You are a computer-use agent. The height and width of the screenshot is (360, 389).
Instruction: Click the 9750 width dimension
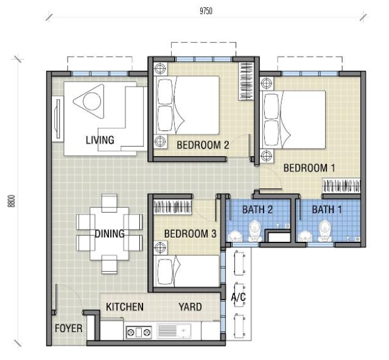(x=206, y=11)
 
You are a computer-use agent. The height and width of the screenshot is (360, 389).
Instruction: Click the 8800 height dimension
(x=12, y=201)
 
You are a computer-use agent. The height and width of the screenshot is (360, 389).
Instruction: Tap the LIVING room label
(x=100, y=140)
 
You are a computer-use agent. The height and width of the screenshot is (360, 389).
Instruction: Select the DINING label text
(x=110, y=234)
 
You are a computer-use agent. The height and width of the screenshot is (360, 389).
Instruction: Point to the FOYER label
(x=68, y=328)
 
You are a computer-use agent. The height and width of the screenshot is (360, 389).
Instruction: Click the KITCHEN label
(x=125, y=307)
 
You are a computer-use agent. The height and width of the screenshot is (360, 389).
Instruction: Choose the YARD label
(x=190, y=307)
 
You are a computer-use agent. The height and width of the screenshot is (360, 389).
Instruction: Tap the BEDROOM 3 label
(x=191, y=234)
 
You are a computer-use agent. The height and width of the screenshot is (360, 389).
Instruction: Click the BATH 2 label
(x=258, y=210)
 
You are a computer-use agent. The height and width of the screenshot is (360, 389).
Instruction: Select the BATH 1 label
(x=327, y=210)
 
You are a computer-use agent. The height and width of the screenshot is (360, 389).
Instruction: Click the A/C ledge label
(x=239, y=297)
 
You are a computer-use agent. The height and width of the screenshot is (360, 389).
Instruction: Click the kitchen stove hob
(x=139, y=332)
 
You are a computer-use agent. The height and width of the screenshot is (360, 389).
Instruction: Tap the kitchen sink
(x=174, y=331)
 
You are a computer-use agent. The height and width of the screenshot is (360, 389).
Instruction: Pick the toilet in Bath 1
(x=325, y=231)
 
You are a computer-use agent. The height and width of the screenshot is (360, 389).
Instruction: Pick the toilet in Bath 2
(x=255, y=231)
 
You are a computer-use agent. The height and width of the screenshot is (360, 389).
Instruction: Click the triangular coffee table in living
(x=89, y=101)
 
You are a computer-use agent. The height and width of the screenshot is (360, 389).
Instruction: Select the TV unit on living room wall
(x=58, y=119)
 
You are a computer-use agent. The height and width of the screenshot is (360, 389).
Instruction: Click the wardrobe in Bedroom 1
(x=341, y=186)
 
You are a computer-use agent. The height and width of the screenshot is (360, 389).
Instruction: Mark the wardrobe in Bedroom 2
(x=246, y=81)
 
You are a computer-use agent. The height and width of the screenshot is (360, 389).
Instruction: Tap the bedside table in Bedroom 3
(x=161, y=247)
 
